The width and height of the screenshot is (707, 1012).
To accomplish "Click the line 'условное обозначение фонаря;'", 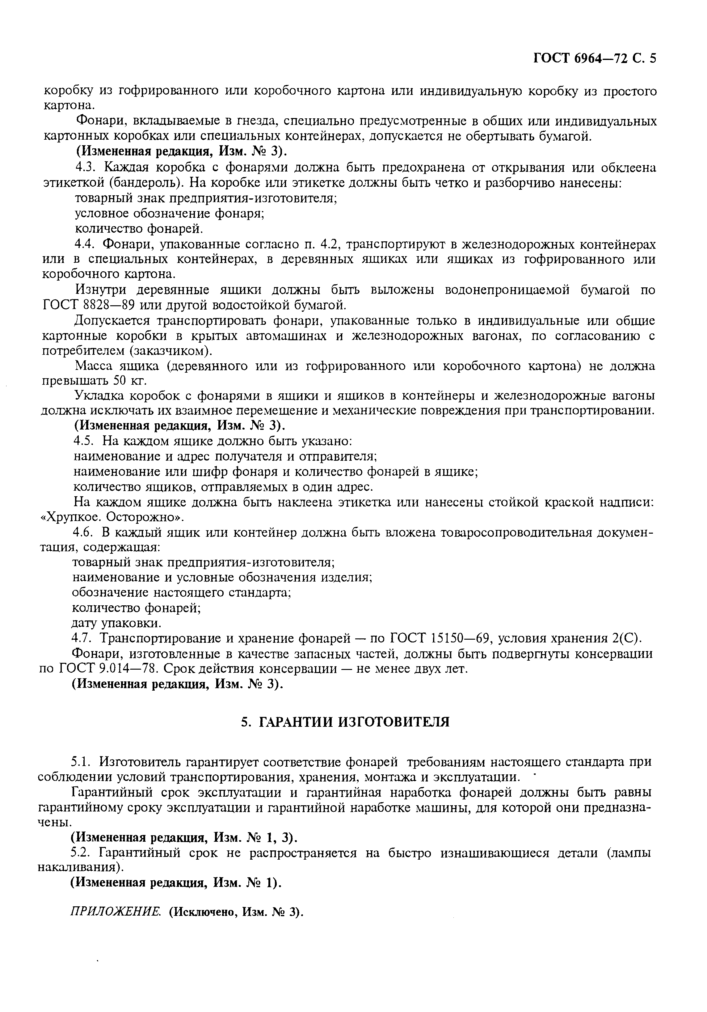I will [x=169, y=214].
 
